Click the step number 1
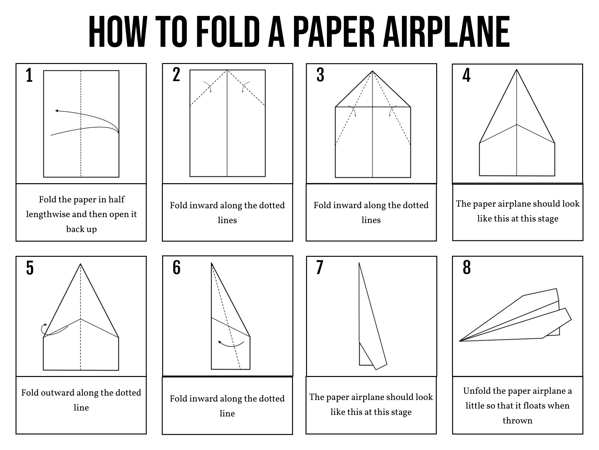(29, 76)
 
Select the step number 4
(466, 76)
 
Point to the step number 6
(177, 268)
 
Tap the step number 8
(467, 268)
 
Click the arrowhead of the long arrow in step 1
(56, 111)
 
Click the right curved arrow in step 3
(392, 111)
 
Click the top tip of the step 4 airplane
(517, 70)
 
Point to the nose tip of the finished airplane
(460, 341)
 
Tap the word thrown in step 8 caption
(517, 421)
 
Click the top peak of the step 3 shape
(373, 71)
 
